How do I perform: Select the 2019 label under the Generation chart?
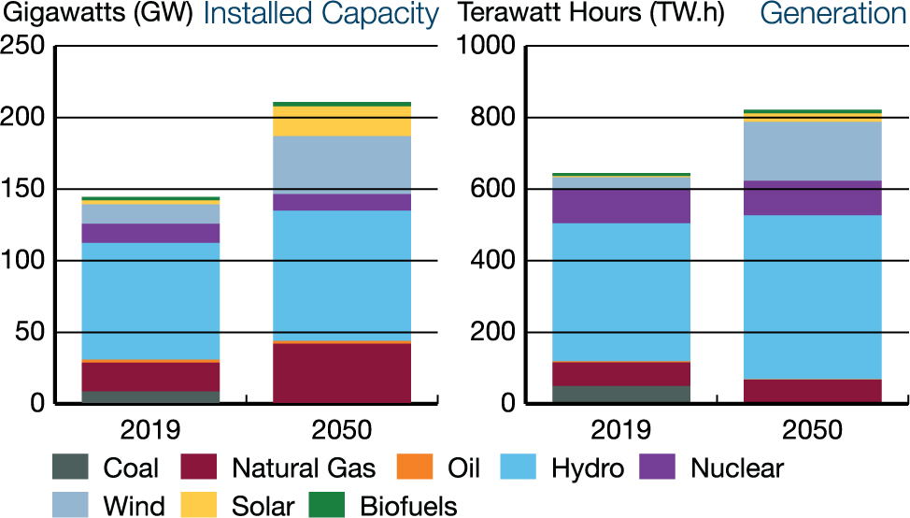click(x=619, y=431)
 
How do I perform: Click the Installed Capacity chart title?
click(x=320, y=14)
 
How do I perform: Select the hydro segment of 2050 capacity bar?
click(x=342, y=276)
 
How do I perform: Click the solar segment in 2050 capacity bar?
click(x=342, y=122)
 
